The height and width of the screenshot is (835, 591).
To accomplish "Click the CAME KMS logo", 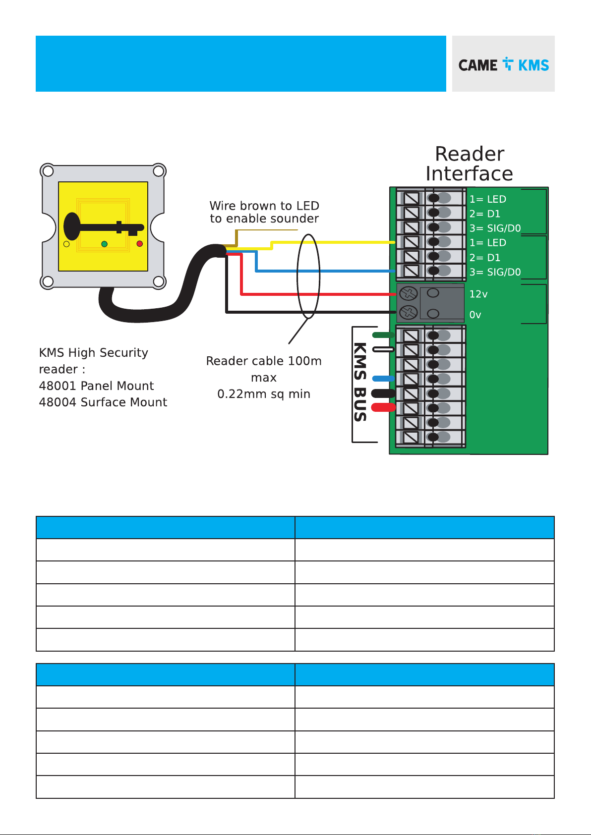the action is (x=503, y=64).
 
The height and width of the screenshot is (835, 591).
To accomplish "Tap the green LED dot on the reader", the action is (x=105, y=244).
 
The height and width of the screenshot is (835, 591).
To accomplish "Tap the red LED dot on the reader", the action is (x=139, y=243).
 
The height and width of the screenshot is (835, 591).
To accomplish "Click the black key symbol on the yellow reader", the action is (x=103, y=226).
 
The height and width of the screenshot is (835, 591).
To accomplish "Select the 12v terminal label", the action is (x=478, y=294).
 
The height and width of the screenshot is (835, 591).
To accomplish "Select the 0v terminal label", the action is (x=475, y=315).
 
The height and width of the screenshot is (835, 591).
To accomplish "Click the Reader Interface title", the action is (x=470, y=164).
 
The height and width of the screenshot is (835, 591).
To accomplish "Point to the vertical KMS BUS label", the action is (x=360, y=382).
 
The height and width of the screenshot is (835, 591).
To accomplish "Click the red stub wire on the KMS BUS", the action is (x=383, y=407).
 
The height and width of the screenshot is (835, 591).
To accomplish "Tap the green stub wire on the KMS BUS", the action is (x=383, y=335).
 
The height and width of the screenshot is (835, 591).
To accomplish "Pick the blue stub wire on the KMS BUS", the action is (x=383, y=379).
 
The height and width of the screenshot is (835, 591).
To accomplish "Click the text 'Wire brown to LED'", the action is (x=264, y=206).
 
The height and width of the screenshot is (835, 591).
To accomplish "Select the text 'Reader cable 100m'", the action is (x=264, y=361).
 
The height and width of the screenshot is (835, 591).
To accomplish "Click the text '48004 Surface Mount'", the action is (x=103, y=402).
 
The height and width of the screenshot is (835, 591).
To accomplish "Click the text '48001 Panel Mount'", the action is (x=96, y=386).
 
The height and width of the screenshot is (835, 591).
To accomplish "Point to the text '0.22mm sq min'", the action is (x=264, y=394).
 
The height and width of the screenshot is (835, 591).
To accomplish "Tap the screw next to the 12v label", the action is (x=408, y=293).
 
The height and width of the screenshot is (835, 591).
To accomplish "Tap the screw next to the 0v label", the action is (x=408, y=312).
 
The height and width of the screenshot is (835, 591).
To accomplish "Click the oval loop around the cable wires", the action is (x=297, y=276).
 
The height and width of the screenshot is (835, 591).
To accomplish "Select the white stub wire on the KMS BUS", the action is (x=383, y=349).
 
